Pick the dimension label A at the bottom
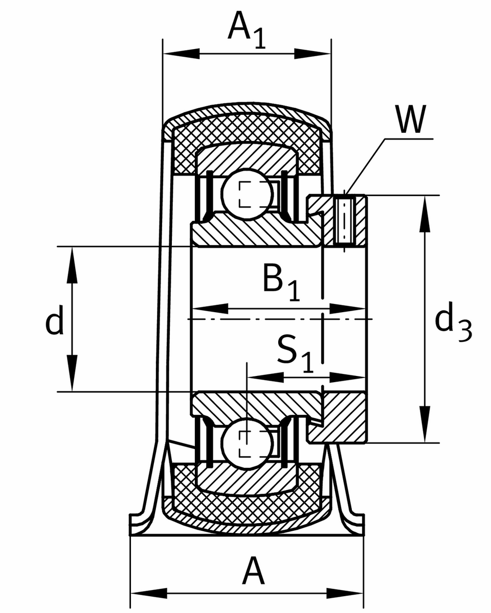254,572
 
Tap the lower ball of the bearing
247,443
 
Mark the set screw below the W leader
346,221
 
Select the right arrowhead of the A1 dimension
313,53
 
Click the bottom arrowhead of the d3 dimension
425,423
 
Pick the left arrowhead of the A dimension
149,594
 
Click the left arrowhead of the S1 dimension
265,378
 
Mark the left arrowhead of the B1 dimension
210,308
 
